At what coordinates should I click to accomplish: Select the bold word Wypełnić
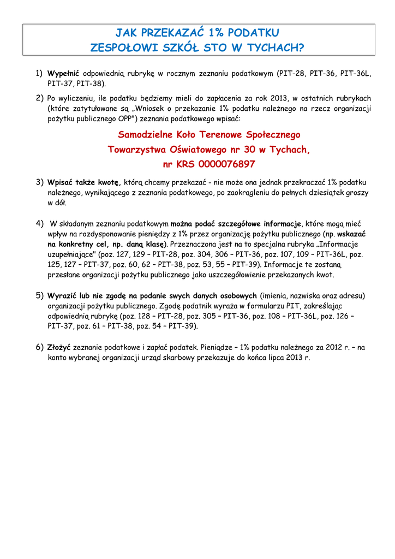click(x=63, y=73)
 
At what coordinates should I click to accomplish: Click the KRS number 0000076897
click(x=227, y=164)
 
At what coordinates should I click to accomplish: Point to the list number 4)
click(x=40, y=223)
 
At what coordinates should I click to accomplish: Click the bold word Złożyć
click(x=59, y=347)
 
